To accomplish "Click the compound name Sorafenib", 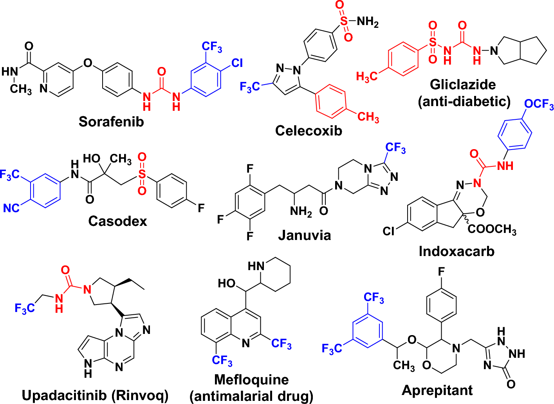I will [111, 122].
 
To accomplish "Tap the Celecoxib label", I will [309, 130].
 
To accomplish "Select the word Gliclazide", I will [463, 85].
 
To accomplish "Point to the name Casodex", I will [117, 221].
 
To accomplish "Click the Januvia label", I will [304, 235].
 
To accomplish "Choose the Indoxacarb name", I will [457, 251].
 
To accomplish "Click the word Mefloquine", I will [251, 379].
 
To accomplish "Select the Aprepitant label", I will [437, 390].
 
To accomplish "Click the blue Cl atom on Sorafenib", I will [236, 63].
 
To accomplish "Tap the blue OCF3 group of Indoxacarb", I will [539, 104].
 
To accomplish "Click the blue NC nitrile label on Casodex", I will [11, 208].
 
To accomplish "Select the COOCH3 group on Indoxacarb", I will [492, 229].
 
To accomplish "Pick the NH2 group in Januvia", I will [301, 212].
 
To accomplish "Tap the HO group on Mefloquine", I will [227, 283].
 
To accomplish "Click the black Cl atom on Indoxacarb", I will [389, 231].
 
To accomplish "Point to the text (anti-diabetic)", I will [464, 101].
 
